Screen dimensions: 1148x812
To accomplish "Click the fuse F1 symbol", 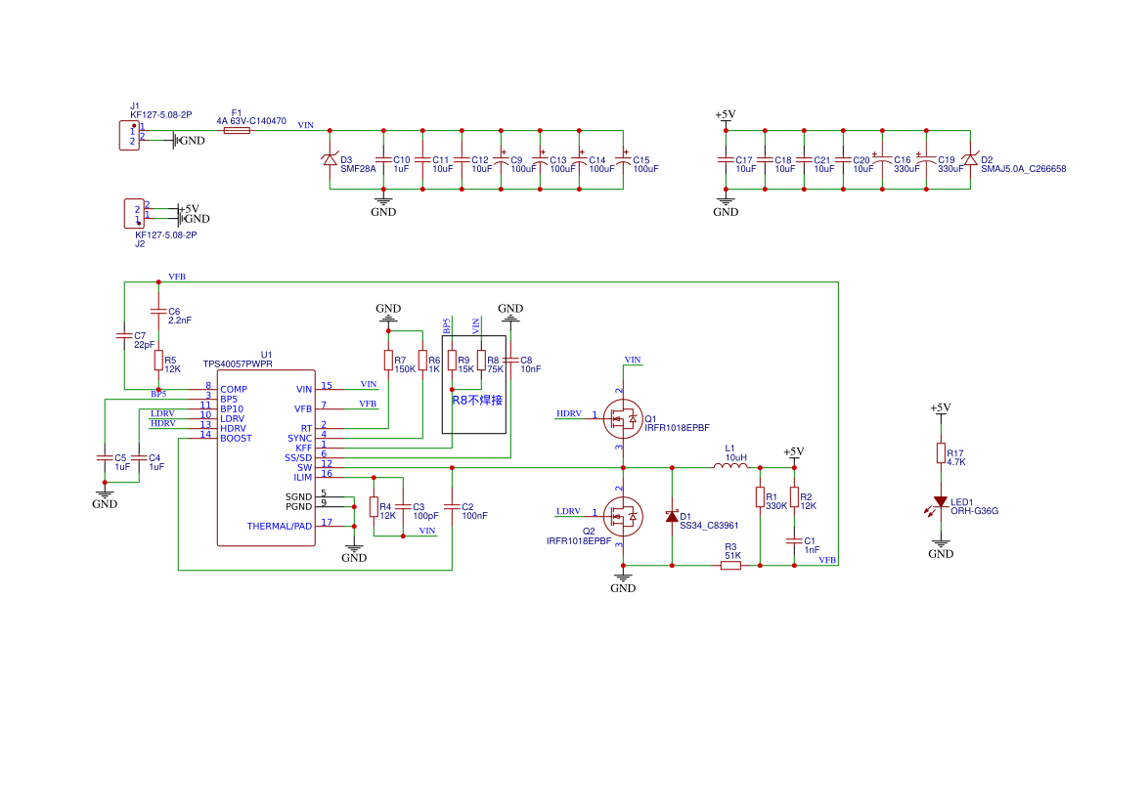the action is tap(237, 130).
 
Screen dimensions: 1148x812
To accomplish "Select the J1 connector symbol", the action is tap(130, 135).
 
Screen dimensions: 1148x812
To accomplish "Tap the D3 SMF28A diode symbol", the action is tap(330, 159).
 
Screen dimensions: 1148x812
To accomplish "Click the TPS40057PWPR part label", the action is tap(238, 363).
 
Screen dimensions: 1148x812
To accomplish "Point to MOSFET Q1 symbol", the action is tap(622, 418).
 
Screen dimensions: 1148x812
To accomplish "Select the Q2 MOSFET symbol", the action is tap(622, 517).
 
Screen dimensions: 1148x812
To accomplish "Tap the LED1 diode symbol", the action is tap(940, 502).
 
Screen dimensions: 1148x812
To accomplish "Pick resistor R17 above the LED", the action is tap(941, 452).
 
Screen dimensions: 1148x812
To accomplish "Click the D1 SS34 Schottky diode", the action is tap(672, 517).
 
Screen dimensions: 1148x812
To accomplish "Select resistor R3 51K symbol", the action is tap(730, 565).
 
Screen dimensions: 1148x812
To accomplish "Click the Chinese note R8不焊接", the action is tap(477, 401).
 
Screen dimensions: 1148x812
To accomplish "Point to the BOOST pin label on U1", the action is tap(236, 438).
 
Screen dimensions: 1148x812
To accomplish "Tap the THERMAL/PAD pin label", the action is tap(279, 526).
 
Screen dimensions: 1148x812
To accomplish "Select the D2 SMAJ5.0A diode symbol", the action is tap(970, 159).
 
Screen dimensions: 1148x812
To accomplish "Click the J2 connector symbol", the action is tap(134, 214).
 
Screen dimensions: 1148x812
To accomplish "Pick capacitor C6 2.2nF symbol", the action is tap(158, 311).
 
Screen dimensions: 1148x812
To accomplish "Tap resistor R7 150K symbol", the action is tap(388, 360).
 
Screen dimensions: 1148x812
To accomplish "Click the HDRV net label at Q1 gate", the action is tap(569, 413).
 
